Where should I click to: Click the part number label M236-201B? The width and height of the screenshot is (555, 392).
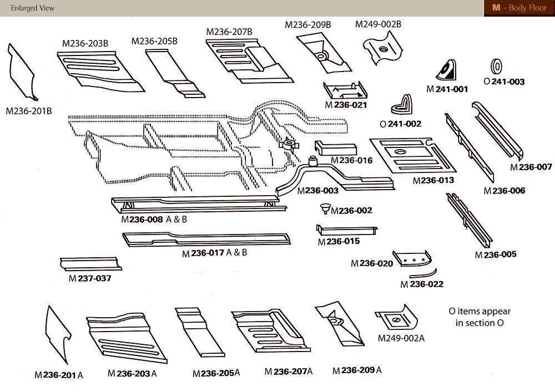click(29, 111)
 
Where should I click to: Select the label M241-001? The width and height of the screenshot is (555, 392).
click(447, 89)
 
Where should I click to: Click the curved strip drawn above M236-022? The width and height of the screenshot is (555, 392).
click(423, 274)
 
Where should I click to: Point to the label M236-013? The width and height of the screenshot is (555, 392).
click(433, 180)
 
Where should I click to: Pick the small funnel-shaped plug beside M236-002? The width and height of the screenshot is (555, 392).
click(325, 209)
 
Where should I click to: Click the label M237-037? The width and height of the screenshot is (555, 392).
click(90, 278)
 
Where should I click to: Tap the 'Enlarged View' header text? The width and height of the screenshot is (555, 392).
click(32, 8)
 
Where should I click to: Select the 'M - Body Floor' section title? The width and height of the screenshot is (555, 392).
click(519, 8)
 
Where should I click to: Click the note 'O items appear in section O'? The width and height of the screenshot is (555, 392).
click(480, 317)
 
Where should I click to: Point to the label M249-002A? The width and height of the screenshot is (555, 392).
click(401, 338)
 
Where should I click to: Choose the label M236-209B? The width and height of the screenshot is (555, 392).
click(308, 25)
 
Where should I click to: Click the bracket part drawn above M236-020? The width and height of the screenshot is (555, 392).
click(412, 257)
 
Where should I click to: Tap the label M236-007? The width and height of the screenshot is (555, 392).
click(531, 167)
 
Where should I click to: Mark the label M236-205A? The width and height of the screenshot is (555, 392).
click(216, 374)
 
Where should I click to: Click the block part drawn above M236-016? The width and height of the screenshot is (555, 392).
click(335, 149)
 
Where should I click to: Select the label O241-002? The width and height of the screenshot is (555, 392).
click(400, 124)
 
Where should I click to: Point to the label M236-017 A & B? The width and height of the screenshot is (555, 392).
click(215, 253)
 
